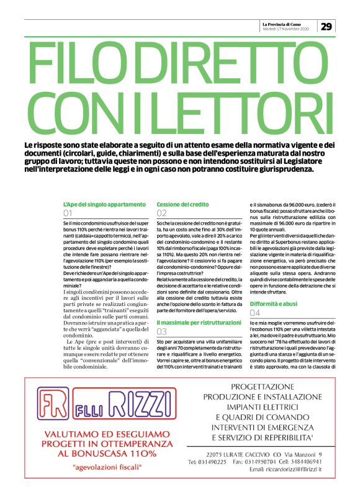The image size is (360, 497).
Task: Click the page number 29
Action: (x=326, y=26)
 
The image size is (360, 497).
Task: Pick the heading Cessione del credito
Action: (x=182, y=204)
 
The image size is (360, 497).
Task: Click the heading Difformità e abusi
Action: (x=274, y=303)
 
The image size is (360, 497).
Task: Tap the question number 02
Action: (x=162, y=213)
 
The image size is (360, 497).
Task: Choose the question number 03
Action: (x=162, y=332)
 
